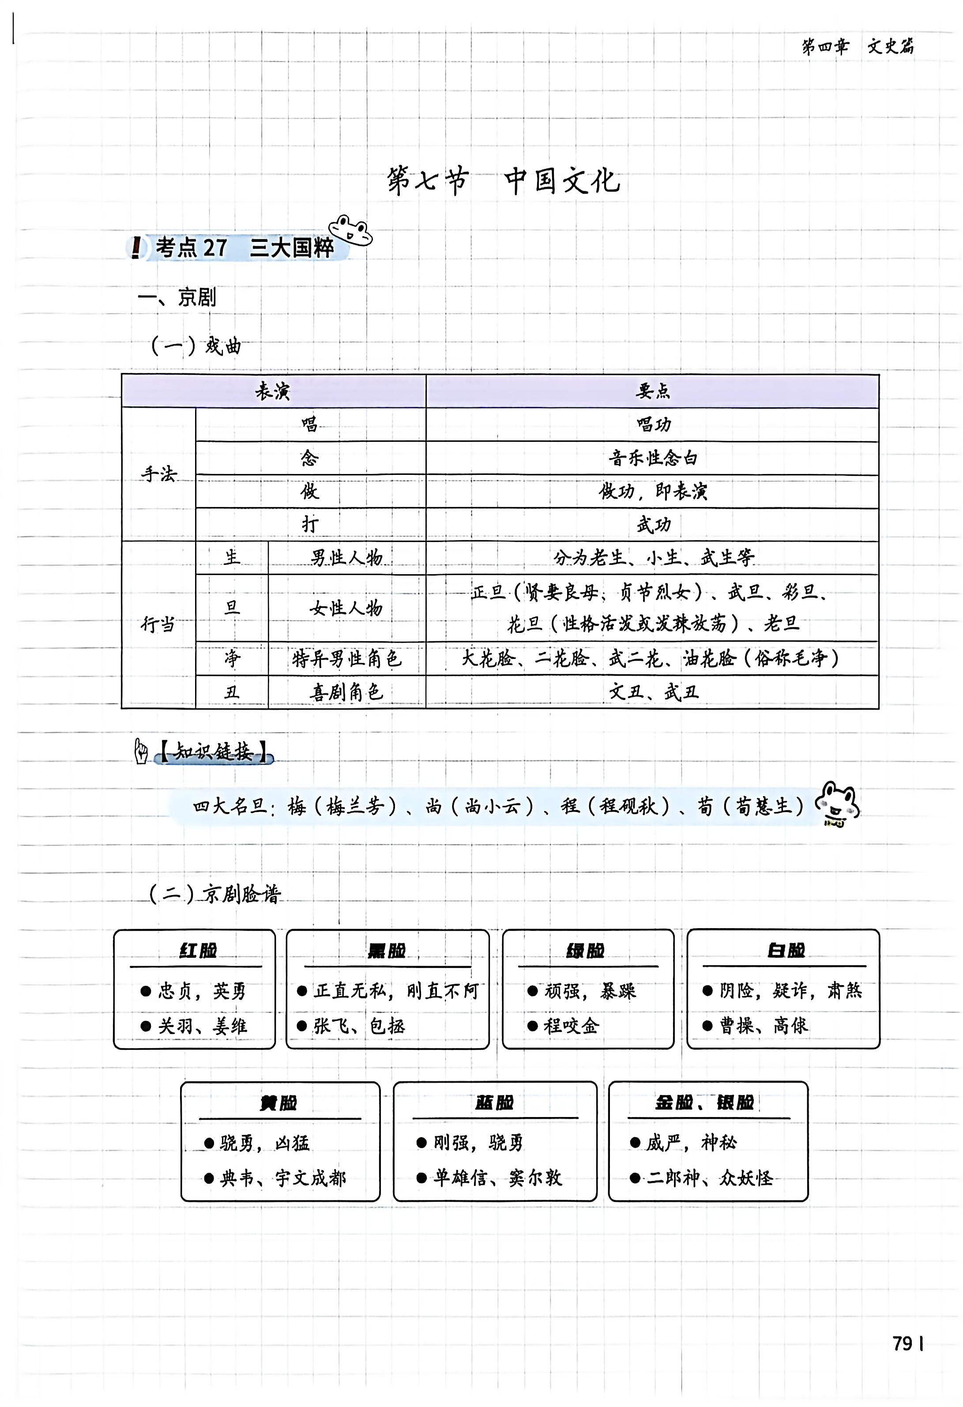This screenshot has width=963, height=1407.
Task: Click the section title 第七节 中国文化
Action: pyautogui.click(x=504, y=181)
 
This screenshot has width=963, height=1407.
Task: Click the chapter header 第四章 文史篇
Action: pyautogui.click(x=858, y=47)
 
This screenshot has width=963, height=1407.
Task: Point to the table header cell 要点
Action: pyautogui.click(x=652, y=391)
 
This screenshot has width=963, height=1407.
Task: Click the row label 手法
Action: pyautogui.click(x=158, y=474)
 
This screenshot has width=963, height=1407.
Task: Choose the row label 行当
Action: pyautogui.click(x=158, y=624)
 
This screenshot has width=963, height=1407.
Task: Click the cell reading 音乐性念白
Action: pyautogui.click(x=652, y=458)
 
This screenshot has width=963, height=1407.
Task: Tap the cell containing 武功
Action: pyautogui.click(x=652, y=524)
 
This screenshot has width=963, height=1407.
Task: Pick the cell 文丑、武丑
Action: pyautogui.click(x=652, y=692)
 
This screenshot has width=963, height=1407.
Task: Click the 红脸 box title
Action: pyautogui.click(x=197, y=951)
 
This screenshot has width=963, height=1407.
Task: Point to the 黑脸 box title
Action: pyautogui.click(x=387, y=951)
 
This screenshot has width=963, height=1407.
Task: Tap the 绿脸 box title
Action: pyautogui.click(x=585, y=951)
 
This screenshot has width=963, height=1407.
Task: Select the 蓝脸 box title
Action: pyautogui.click(x=494, y=1102)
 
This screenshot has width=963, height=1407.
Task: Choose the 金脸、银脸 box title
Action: pyautogui.click(x=704, y=1102)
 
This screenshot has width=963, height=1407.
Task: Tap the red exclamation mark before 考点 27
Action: pyautogui.click(x=137, y=247)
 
